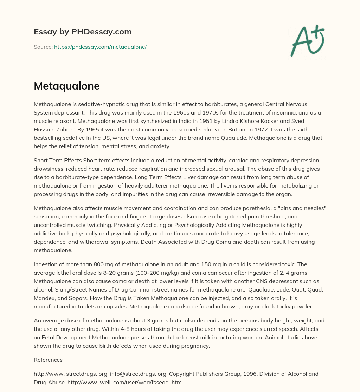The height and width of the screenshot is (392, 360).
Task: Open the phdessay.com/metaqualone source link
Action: coord(100,47)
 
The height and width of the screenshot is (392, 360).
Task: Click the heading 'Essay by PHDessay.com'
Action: coord(83,32)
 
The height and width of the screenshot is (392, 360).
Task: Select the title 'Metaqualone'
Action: coord(66,86)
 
